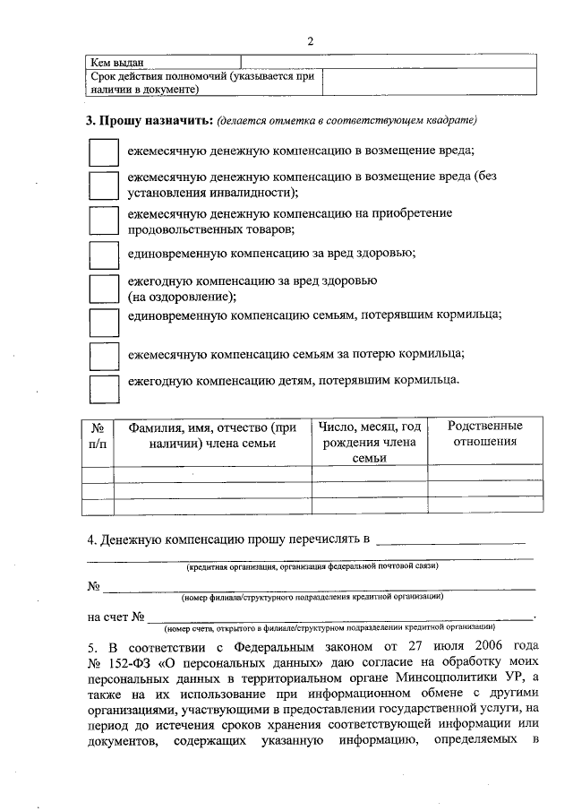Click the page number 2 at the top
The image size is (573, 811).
pos(311,41)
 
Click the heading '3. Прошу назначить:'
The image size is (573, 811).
pos(150,120)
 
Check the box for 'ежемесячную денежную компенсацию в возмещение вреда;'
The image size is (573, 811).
pos(104,151)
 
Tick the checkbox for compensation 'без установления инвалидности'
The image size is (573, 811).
pos(104,185)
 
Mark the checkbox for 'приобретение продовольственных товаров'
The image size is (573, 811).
pos(104,220)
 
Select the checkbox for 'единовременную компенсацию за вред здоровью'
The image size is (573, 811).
pos(104,255)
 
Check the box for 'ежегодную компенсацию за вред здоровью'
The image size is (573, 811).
pos(104,289)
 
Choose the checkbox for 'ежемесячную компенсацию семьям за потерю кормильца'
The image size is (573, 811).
pos(104,355)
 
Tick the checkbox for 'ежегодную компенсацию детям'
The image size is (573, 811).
pos(104,387)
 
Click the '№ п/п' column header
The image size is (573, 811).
pos(98,435)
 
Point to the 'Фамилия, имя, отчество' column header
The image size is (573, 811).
pos(211,435)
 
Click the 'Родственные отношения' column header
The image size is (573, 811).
pos(485,434)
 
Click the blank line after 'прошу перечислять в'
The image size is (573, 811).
pos(451,542)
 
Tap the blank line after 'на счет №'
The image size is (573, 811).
pos(340,617)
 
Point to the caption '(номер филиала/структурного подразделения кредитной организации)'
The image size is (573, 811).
pos(312,597)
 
